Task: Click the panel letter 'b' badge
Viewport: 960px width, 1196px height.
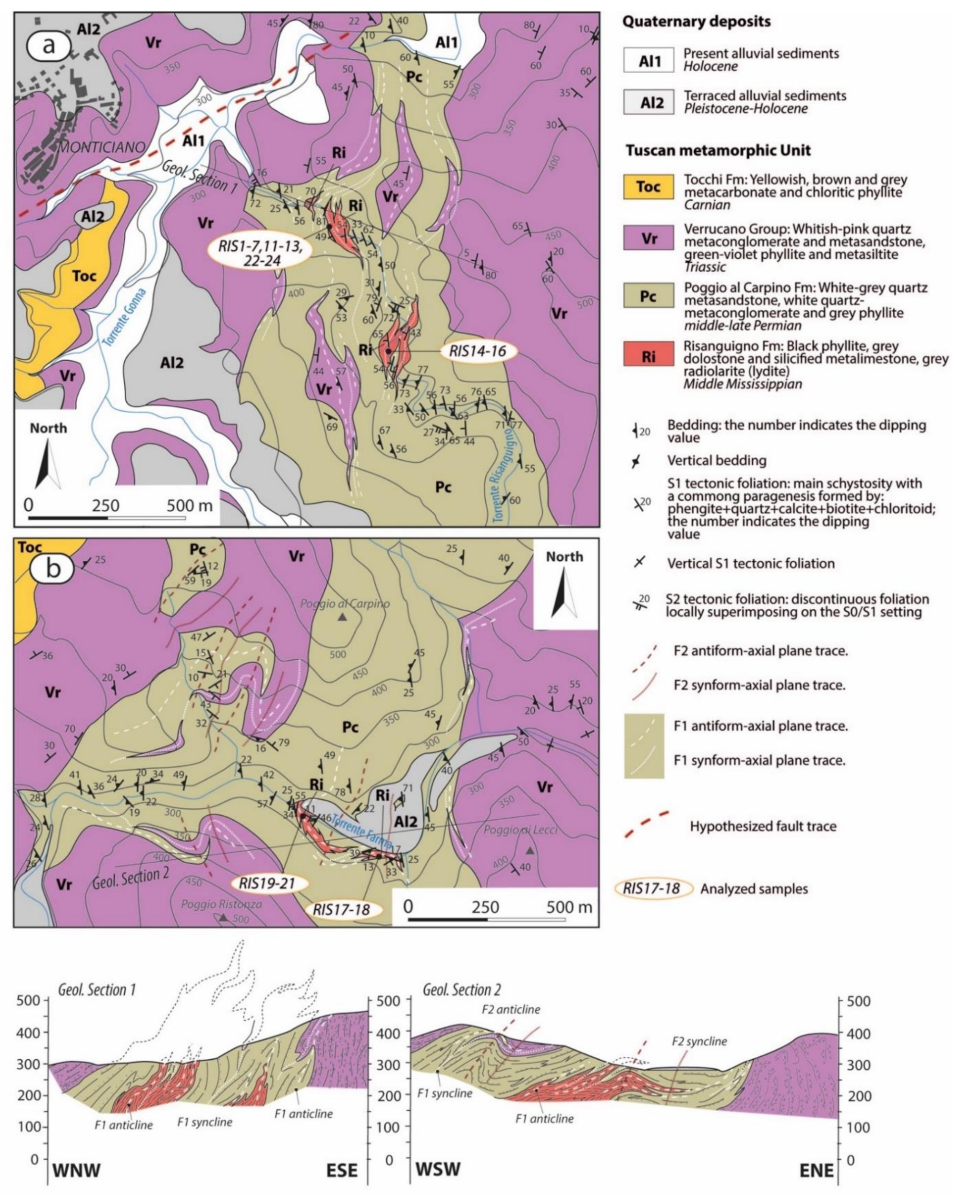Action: pos(53,568)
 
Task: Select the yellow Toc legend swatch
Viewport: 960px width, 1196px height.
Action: pos(648,186)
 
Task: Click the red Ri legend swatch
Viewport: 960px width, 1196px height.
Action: pos(648,356)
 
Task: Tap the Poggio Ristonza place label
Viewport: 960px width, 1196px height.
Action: pos(221,904)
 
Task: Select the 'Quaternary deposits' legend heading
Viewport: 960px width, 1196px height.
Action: pos(696,22)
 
